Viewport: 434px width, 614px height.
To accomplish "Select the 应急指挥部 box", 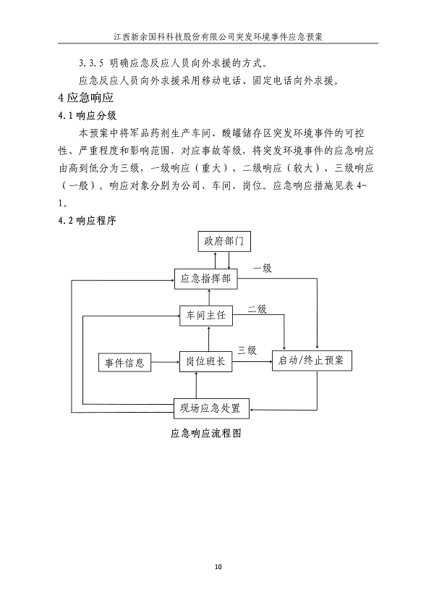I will (208, 278).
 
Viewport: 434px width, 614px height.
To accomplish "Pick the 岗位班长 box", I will (208, 362).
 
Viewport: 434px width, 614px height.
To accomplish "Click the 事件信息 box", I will (124, 362).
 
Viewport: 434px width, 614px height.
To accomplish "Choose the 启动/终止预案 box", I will (312, 361).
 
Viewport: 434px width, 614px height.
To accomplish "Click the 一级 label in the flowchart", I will (262, 269).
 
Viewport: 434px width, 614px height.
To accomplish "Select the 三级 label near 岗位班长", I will (248, 350).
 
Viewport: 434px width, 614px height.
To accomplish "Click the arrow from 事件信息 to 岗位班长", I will (165, 362).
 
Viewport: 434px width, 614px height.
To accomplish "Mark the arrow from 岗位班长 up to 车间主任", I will (208, 338).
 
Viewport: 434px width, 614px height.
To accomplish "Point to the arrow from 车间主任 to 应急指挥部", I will (208, 296).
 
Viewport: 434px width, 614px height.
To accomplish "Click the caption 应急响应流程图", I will (205, 434).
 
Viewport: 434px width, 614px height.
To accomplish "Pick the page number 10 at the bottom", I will (218, 566).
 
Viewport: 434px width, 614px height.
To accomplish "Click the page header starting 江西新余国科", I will (217, 34).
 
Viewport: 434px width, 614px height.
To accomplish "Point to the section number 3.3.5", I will (91, 62).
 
